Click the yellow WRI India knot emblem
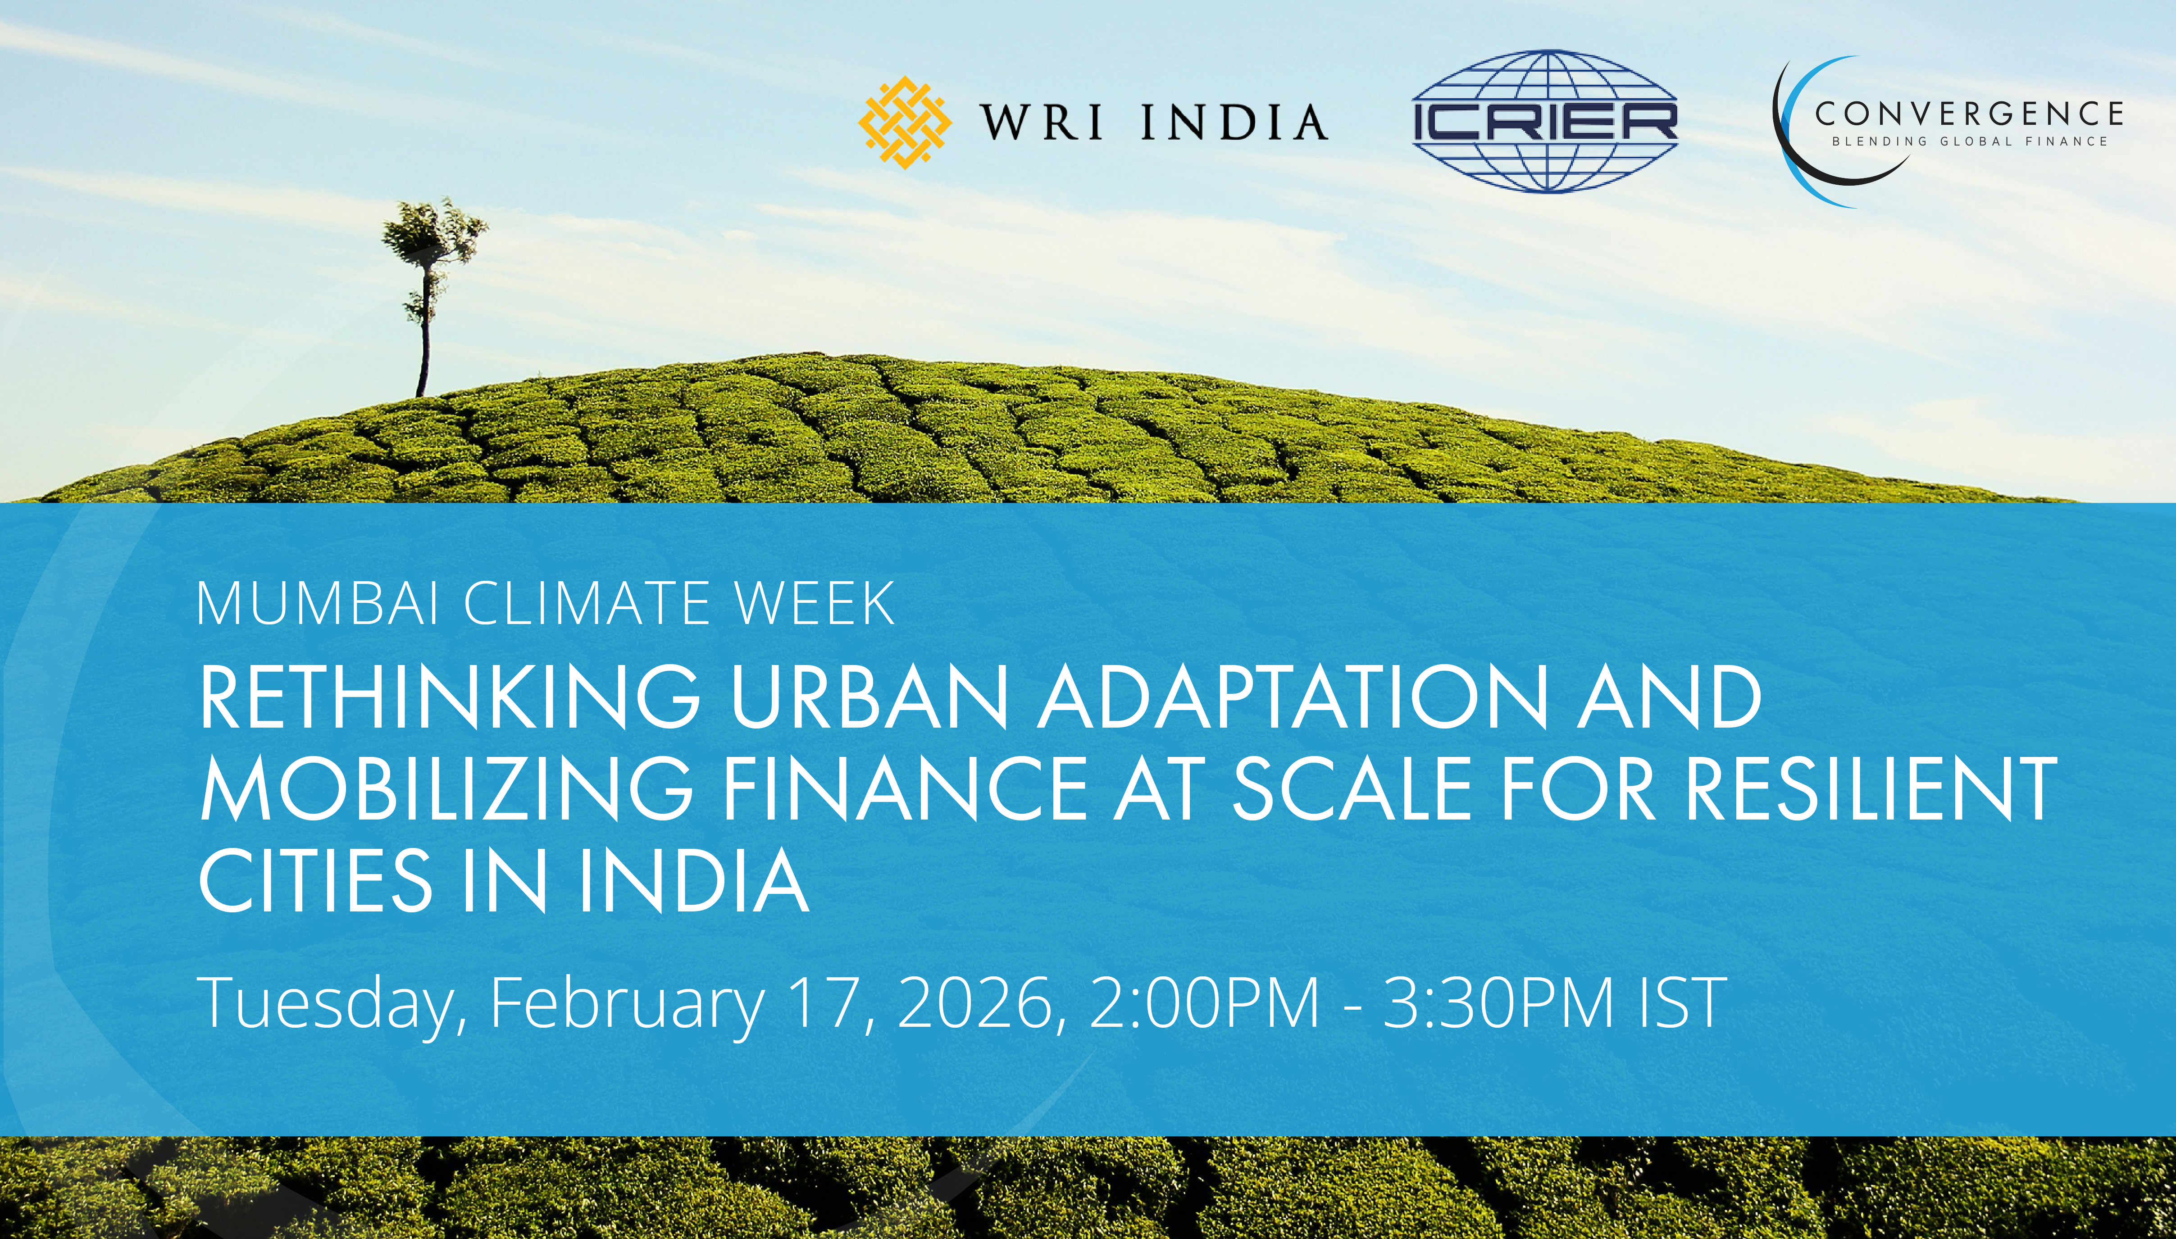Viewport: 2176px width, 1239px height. click(904, 122)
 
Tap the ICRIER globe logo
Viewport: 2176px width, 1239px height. click(1544, 121)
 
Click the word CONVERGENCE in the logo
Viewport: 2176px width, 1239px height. click(1969, 113)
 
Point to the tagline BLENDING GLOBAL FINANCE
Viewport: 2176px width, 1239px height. click(1969, 141)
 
